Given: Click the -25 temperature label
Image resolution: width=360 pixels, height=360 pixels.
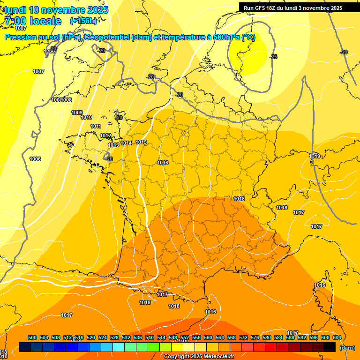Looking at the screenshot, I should click(274, 57).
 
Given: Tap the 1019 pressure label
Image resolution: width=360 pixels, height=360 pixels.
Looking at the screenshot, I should click(315, 156).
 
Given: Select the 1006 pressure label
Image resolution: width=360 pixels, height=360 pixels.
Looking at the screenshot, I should click(35, 159).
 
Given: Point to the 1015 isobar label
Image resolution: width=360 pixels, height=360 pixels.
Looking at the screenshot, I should click(142, 142).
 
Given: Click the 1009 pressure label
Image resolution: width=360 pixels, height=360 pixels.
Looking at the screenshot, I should click(77, 112).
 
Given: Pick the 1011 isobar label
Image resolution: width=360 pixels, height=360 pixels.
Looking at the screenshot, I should click(96, 126).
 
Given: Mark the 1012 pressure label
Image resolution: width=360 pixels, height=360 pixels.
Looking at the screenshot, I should click(105, 135).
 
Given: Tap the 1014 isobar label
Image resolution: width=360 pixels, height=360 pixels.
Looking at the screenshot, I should click(126, 143).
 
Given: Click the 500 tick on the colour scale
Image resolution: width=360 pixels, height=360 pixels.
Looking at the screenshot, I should click(32, 337).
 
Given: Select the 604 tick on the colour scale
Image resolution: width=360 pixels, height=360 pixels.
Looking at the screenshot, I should click(337, 337).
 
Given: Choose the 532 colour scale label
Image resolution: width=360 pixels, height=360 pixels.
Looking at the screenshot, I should click(126, 337).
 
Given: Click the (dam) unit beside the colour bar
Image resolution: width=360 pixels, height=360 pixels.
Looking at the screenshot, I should click(347, 348).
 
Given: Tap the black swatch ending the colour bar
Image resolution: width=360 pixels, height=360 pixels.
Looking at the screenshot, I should click(330, 347).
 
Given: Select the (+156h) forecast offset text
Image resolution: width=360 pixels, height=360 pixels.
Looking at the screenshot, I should click(83, 21).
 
